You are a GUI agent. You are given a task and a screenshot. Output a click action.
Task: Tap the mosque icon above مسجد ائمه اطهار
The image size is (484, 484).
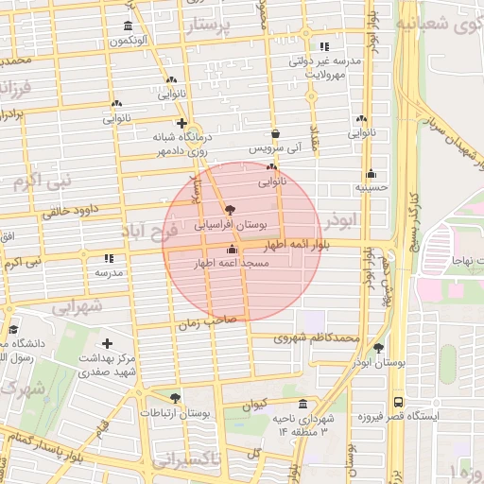tap(233, 250)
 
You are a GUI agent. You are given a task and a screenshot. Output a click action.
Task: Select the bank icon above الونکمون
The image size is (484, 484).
tap(129, 26)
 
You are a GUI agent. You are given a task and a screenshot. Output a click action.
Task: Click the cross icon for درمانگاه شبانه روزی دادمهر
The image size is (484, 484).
tap(181, 123)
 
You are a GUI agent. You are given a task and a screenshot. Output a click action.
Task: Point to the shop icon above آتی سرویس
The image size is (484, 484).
tap(275, 134)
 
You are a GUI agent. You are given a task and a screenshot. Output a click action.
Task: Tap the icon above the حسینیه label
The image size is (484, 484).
tap(371, 173)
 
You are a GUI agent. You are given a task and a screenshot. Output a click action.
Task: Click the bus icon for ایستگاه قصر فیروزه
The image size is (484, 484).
tap(397, 401)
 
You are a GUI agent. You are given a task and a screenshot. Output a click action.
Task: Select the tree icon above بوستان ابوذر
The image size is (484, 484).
tap(379, 347)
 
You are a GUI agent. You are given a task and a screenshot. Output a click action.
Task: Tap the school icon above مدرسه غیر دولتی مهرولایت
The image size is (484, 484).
tap(325, 46)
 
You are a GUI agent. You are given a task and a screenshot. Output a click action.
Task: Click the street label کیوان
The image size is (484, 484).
tap(256, 405)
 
